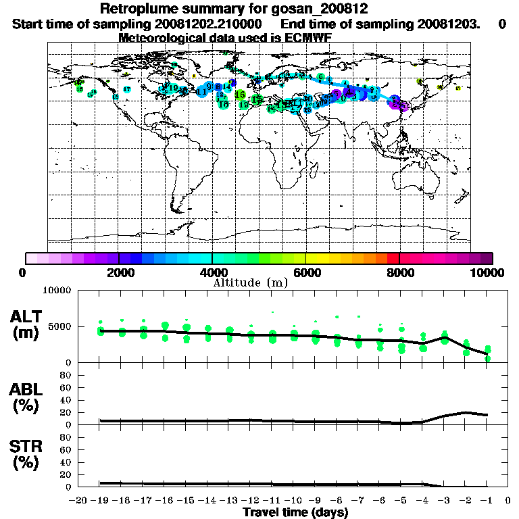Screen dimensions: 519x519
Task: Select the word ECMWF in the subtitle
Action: pyautogui.click(x=307, y=38)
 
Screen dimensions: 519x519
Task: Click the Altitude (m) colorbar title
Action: pyautogui.click(x=251, y=282)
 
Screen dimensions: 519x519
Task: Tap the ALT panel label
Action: pyautogui.click(x=28, y=316)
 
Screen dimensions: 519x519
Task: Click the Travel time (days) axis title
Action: pyautogui.click(x=295, y=512)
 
